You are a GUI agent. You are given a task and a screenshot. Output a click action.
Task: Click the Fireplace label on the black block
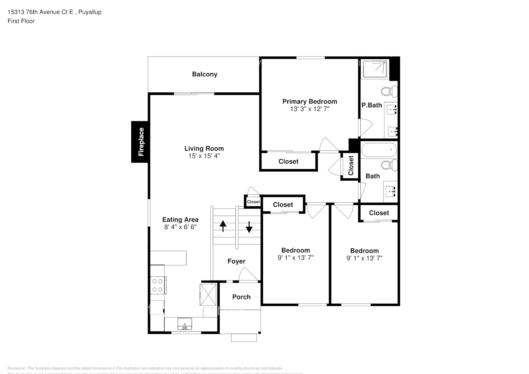tap(141, 142)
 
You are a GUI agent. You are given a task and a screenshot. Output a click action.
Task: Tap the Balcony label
tap(204, 74)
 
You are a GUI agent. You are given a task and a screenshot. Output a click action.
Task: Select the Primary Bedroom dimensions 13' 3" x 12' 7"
tap(309, 109)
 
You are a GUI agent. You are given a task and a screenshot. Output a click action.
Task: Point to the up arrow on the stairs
tap(223, 226)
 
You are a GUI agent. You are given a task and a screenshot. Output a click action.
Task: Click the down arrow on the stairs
tap(249, 227)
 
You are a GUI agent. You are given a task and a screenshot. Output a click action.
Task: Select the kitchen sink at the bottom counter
tap(184, 324)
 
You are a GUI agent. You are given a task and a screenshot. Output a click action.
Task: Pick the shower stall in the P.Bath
tap(375, 69)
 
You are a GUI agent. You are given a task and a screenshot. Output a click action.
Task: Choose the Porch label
tap(241, 297)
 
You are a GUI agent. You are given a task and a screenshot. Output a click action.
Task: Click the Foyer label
tap(236, 261)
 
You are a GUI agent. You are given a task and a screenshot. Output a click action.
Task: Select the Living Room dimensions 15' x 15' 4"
tap(204, 156)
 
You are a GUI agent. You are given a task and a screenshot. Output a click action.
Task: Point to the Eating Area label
tap(180, 220)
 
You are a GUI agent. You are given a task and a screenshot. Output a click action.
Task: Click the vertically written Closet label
tap(351, 166)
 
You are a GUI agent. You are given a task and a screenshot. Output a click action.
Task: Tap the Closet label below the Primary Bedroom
tap(288, 161)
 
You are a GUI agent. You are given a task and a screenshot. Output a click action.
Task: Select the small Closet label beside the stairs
tap(253, 202)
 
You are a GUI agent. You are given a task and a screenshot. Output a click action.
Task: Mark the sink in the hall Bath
tap(391, 191)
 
